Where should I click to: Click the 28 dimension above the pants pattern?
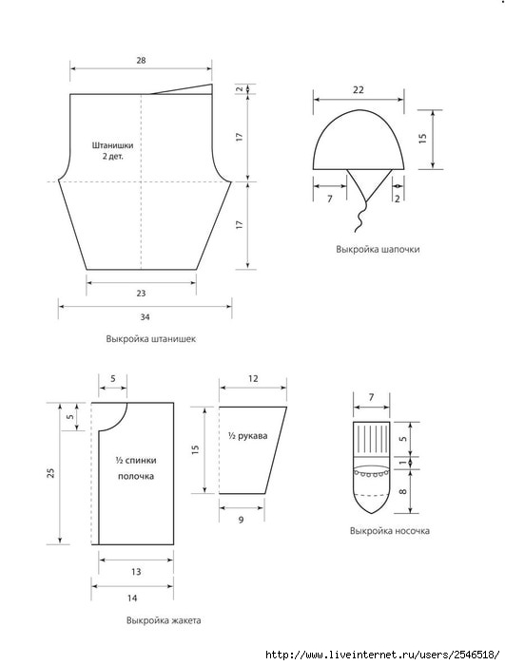pyautogui.click(x=141, y=61)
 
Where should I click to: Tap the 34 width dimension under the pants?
pyautogui.click(x=145, y=316)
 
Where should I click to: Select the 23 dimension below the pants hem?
pyautogui.click(x=141, y=293)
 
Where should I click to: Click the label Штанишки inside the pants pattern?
pyautogui.click(x=113, y=145)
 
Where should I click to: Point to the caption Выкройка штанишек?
pyautogui.click(x=151, y=339)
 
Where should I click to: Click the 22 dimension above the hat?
pyautogui.click(x=359, y=90)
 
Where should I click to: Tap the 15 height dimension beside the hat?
pyautogui.click(x=422, y=139)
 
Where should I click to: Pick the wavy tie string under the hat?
pyautogui.click(x=361, y=217)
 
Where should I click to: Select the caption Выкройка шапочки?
pyautogui.click(x=378, y=249)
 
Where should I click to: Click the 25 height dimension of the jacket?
pyautogui.click(x=51, y=473)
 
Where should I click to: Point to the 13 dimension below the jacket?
pyautogui.click(x=136, y=572)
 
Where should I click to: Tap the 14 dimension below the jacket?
pyautogui.click(x=132, y=598)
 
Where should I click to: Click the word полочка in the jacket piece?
pyautogui.click(x=136, y=476)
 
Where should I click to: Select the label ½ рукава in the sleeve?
pyautogui.click(x=248, y=435)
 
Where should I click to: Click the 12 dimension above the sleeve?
pyautogui.click(x=253, y=378)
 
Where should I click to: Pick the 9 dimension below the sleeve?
pyautogui.click(x=242, y=520)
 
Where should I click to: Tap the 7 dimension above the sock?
pyautogui.click(x=372, y=397)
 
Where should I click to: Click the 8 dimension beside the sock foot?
pyautogui.click(x=403, y=491)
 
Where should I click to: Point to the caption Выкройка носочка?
pyautogui.click(x=390, y=531)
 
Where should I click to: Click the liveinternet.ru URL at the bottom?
pyautogui.click(x=382, y=655)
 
